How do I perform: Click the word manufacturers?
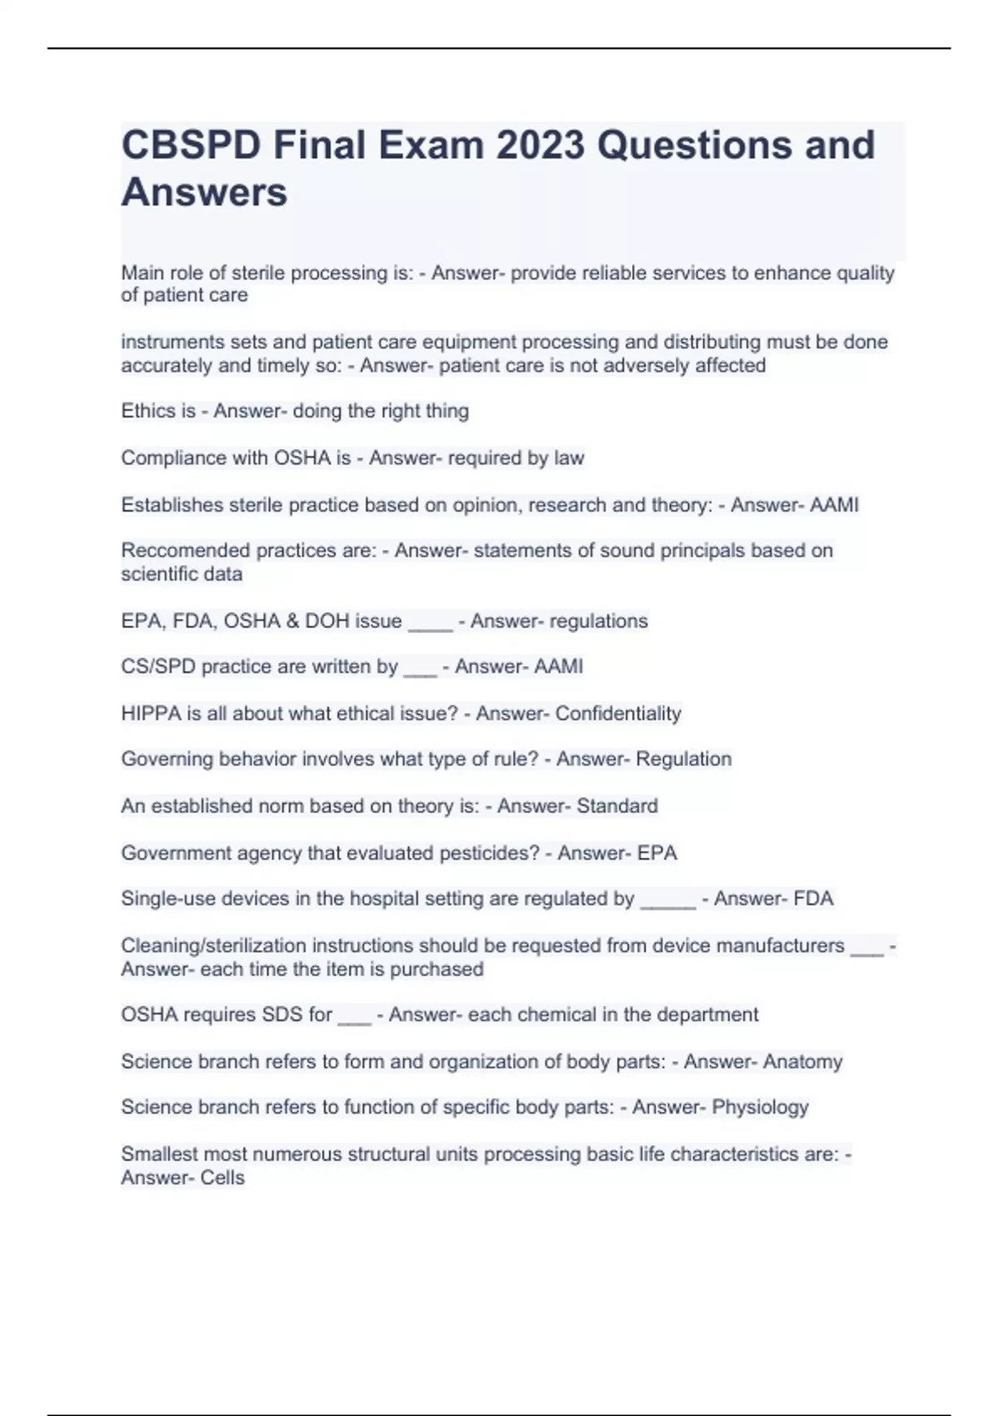click(x=780, y=945)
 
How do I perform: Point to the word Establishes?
click(x=171, y=505)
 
